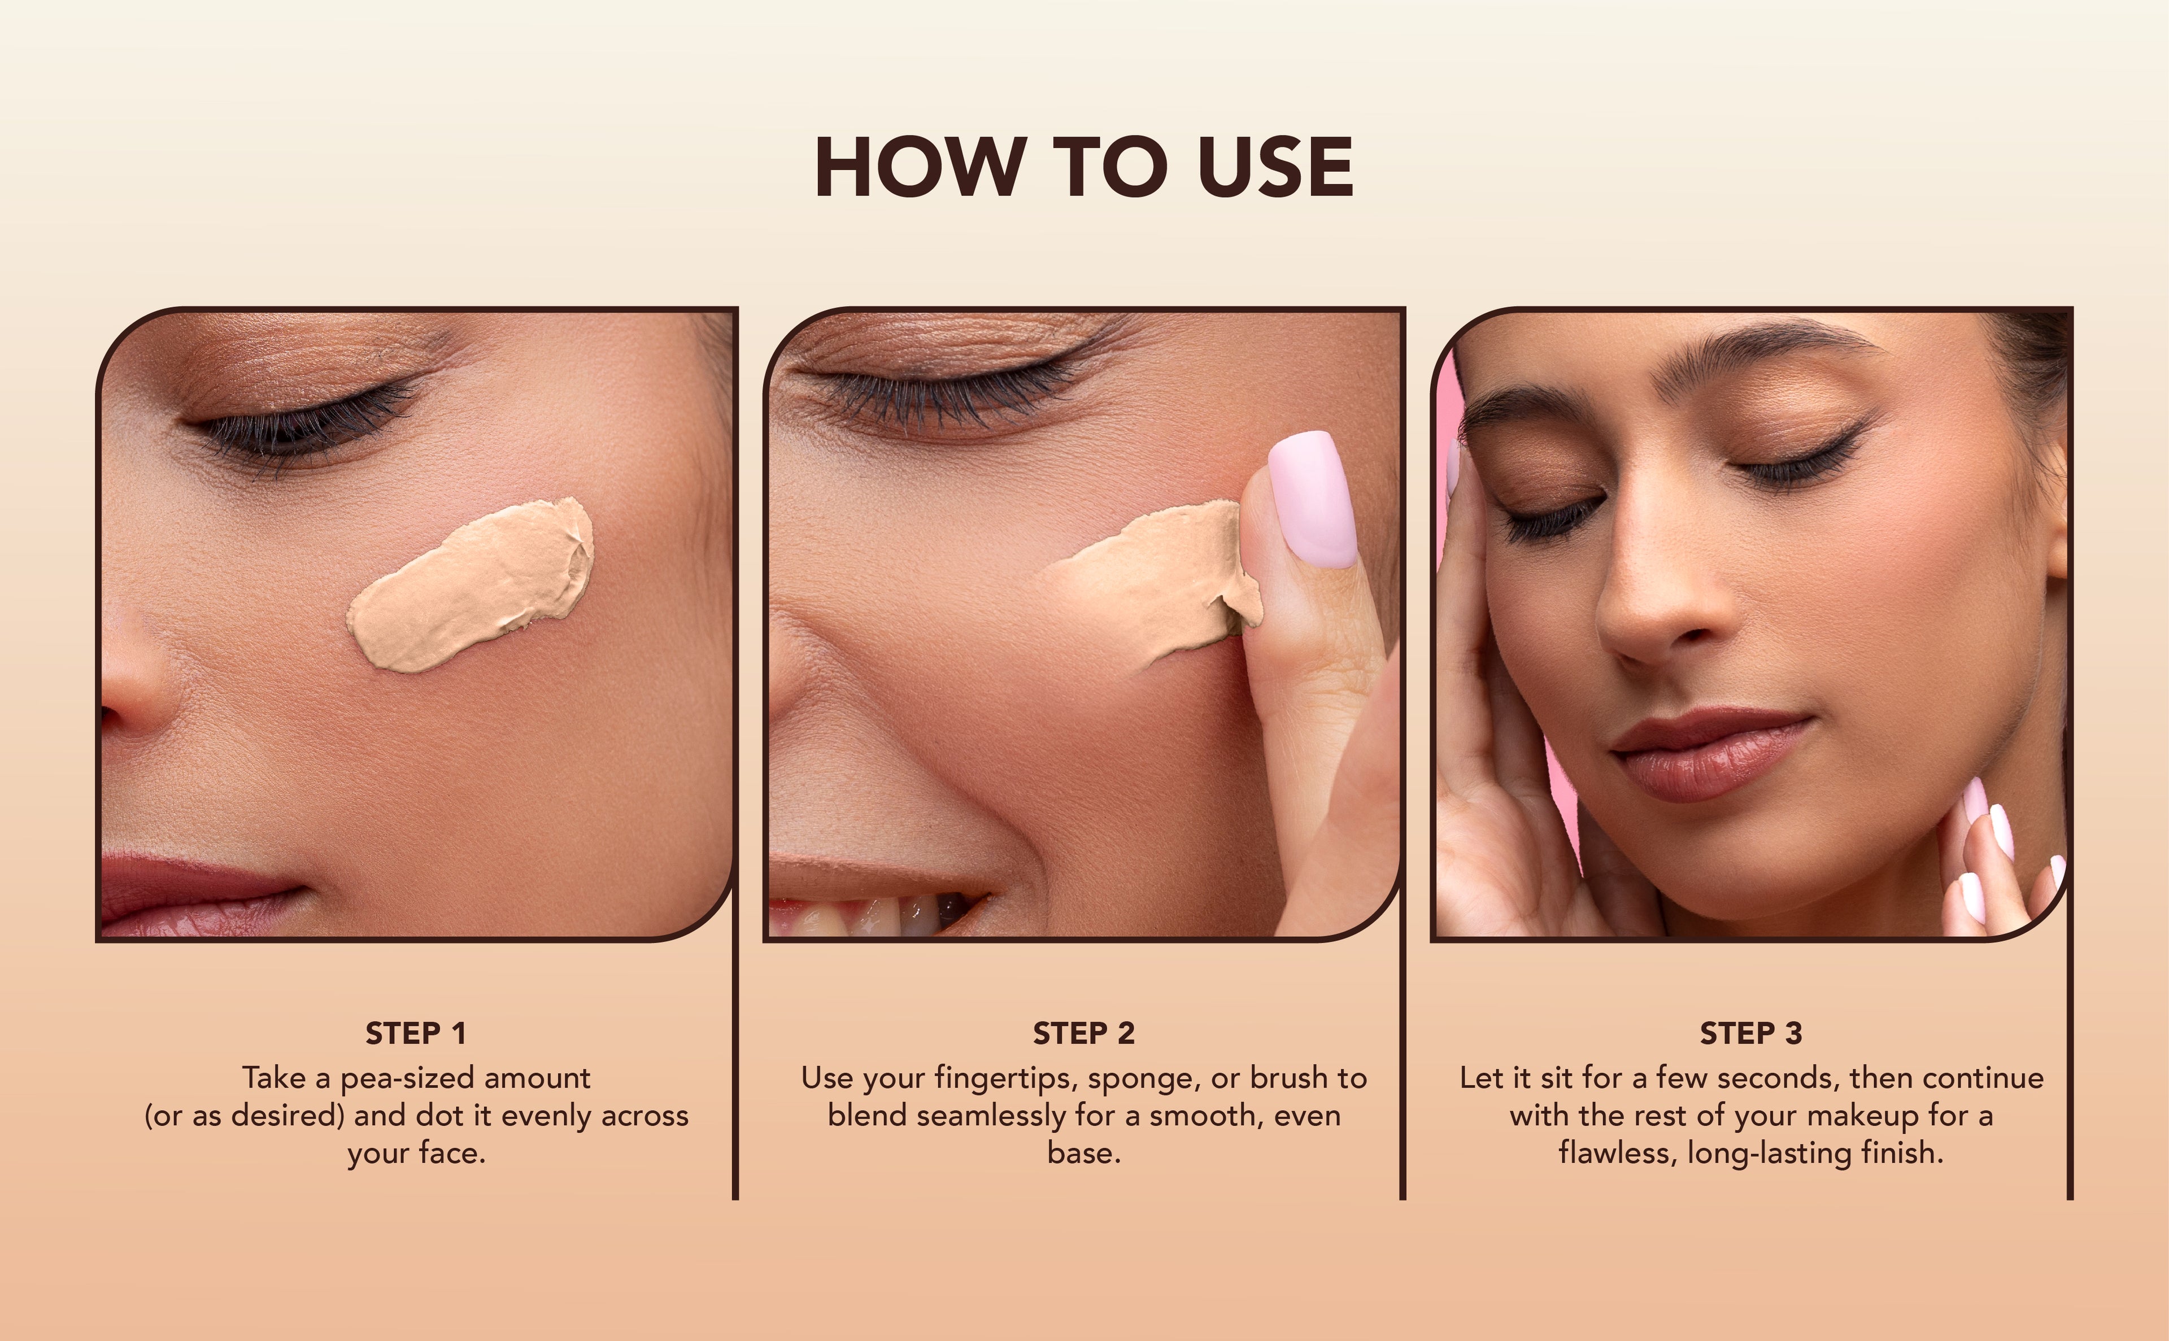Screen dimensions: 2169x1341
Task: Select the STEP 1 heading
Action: click(415, 1033)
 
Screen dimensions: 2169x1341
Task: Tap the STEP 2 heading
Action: click(1083, 1033)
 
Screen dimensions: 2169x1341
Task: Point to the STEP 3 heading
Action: click(1750, 1033)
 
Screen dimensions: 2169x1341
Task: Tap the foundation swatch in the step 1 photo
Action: click(470, 586)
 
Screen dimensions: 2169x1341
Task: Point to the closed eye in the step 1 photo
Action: click(311, 424)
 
